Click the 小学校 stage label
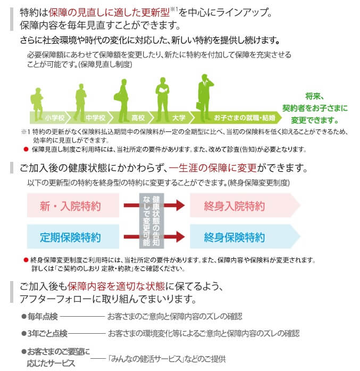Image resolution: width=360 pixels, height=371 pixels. point(55,117)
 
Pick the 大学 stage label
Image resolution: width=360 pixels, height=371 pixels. point(179,117)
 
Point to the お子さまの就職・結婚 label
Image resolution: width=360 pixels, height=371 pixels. point(245,117)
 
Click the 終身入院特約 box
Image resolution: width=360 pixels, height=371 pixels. point(235,206)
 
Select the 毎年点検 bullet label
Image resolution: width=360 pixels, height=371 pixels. point(42,316)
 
